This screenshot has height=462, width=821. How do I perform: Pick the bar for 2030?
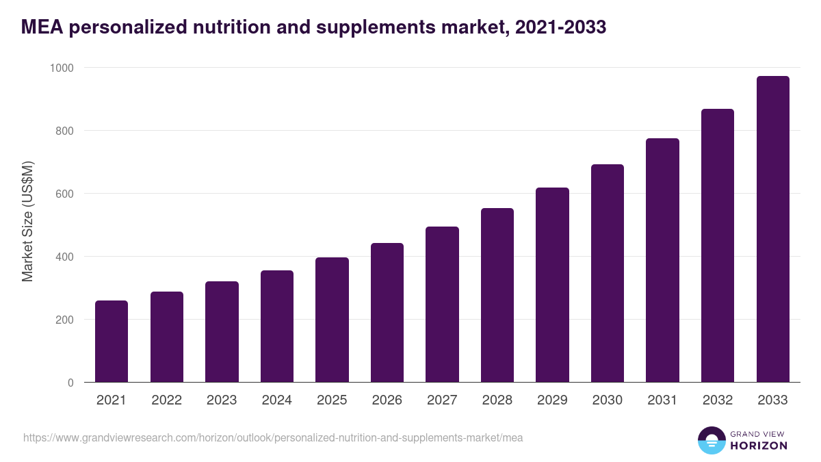pos(608,273)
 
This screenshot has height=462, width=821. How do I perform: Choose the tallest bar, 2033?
pos(773,229)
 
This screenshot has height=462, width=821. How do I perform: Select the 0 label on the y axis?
pos(70,383)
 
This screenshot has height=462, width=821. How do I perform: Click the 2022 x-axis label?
pos(166,400)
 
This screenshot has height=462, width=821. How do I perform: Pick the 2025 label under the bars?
pos(332,400)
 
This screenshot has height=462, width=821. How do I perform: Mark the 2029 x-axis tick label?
pos(552,400)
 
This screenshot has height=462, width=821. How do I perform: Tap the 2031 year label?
pos(662,400)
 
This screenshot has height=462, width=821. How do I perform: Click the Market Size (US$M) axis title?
pos(27,222)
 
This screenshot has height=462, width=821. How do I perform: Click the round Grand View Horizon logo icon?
pos(711,441)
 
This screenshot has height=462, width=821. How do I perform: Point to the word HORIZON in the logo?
pos(759,446)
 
